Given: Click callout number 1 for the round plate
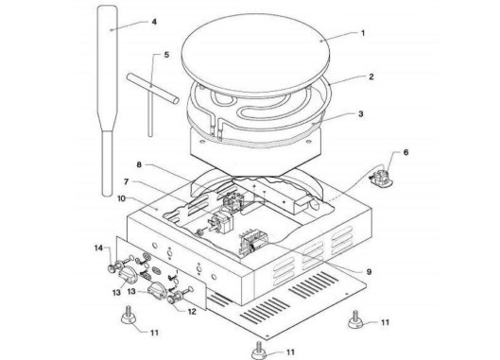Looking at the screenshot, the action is pyautogui.click(x=363, y=33).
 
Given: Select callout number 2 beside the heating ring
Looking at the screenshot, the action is pyautogui.click(x=371, y=77).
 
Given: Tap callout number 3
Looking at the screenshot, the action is pyautogui.click(x=361, y=113).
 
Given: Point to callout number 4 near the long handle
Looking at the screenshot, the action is pyautogui.click(x=154, y=22).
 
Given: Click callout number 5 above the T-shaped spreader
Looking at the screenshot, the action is pyautogui.click(x=166, y=55).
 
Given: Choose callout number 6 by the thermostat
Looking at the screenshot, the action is pyautogui.click(x=405, y=152).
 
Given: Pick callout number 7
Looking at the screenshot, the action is pyautogui.click(x=127, y=181).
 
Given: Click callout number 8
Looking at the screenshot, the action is pyautogui.click(x=139, y=164).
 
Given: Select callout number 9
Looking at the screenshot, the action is pyautogui.click(x=369, y=272).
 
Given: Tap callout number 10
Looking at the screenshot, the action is pyautogui.click(x=122, y=198).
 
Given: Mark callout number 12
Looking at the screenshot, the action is pyautogui.click(x=192, y=312).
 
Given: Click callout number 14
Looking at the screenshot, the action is pyautogui.click(x=99, y=248).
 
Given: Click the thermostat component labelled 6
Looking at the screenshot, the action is pyautogui.click(x=381, y=177).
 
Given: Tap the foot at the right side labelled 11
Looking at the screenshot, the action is pyautogui.click(x=356, y=319).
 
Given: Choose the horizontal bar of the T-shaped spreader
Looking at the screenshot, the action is pyautogui.click(x=152, y=88).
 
